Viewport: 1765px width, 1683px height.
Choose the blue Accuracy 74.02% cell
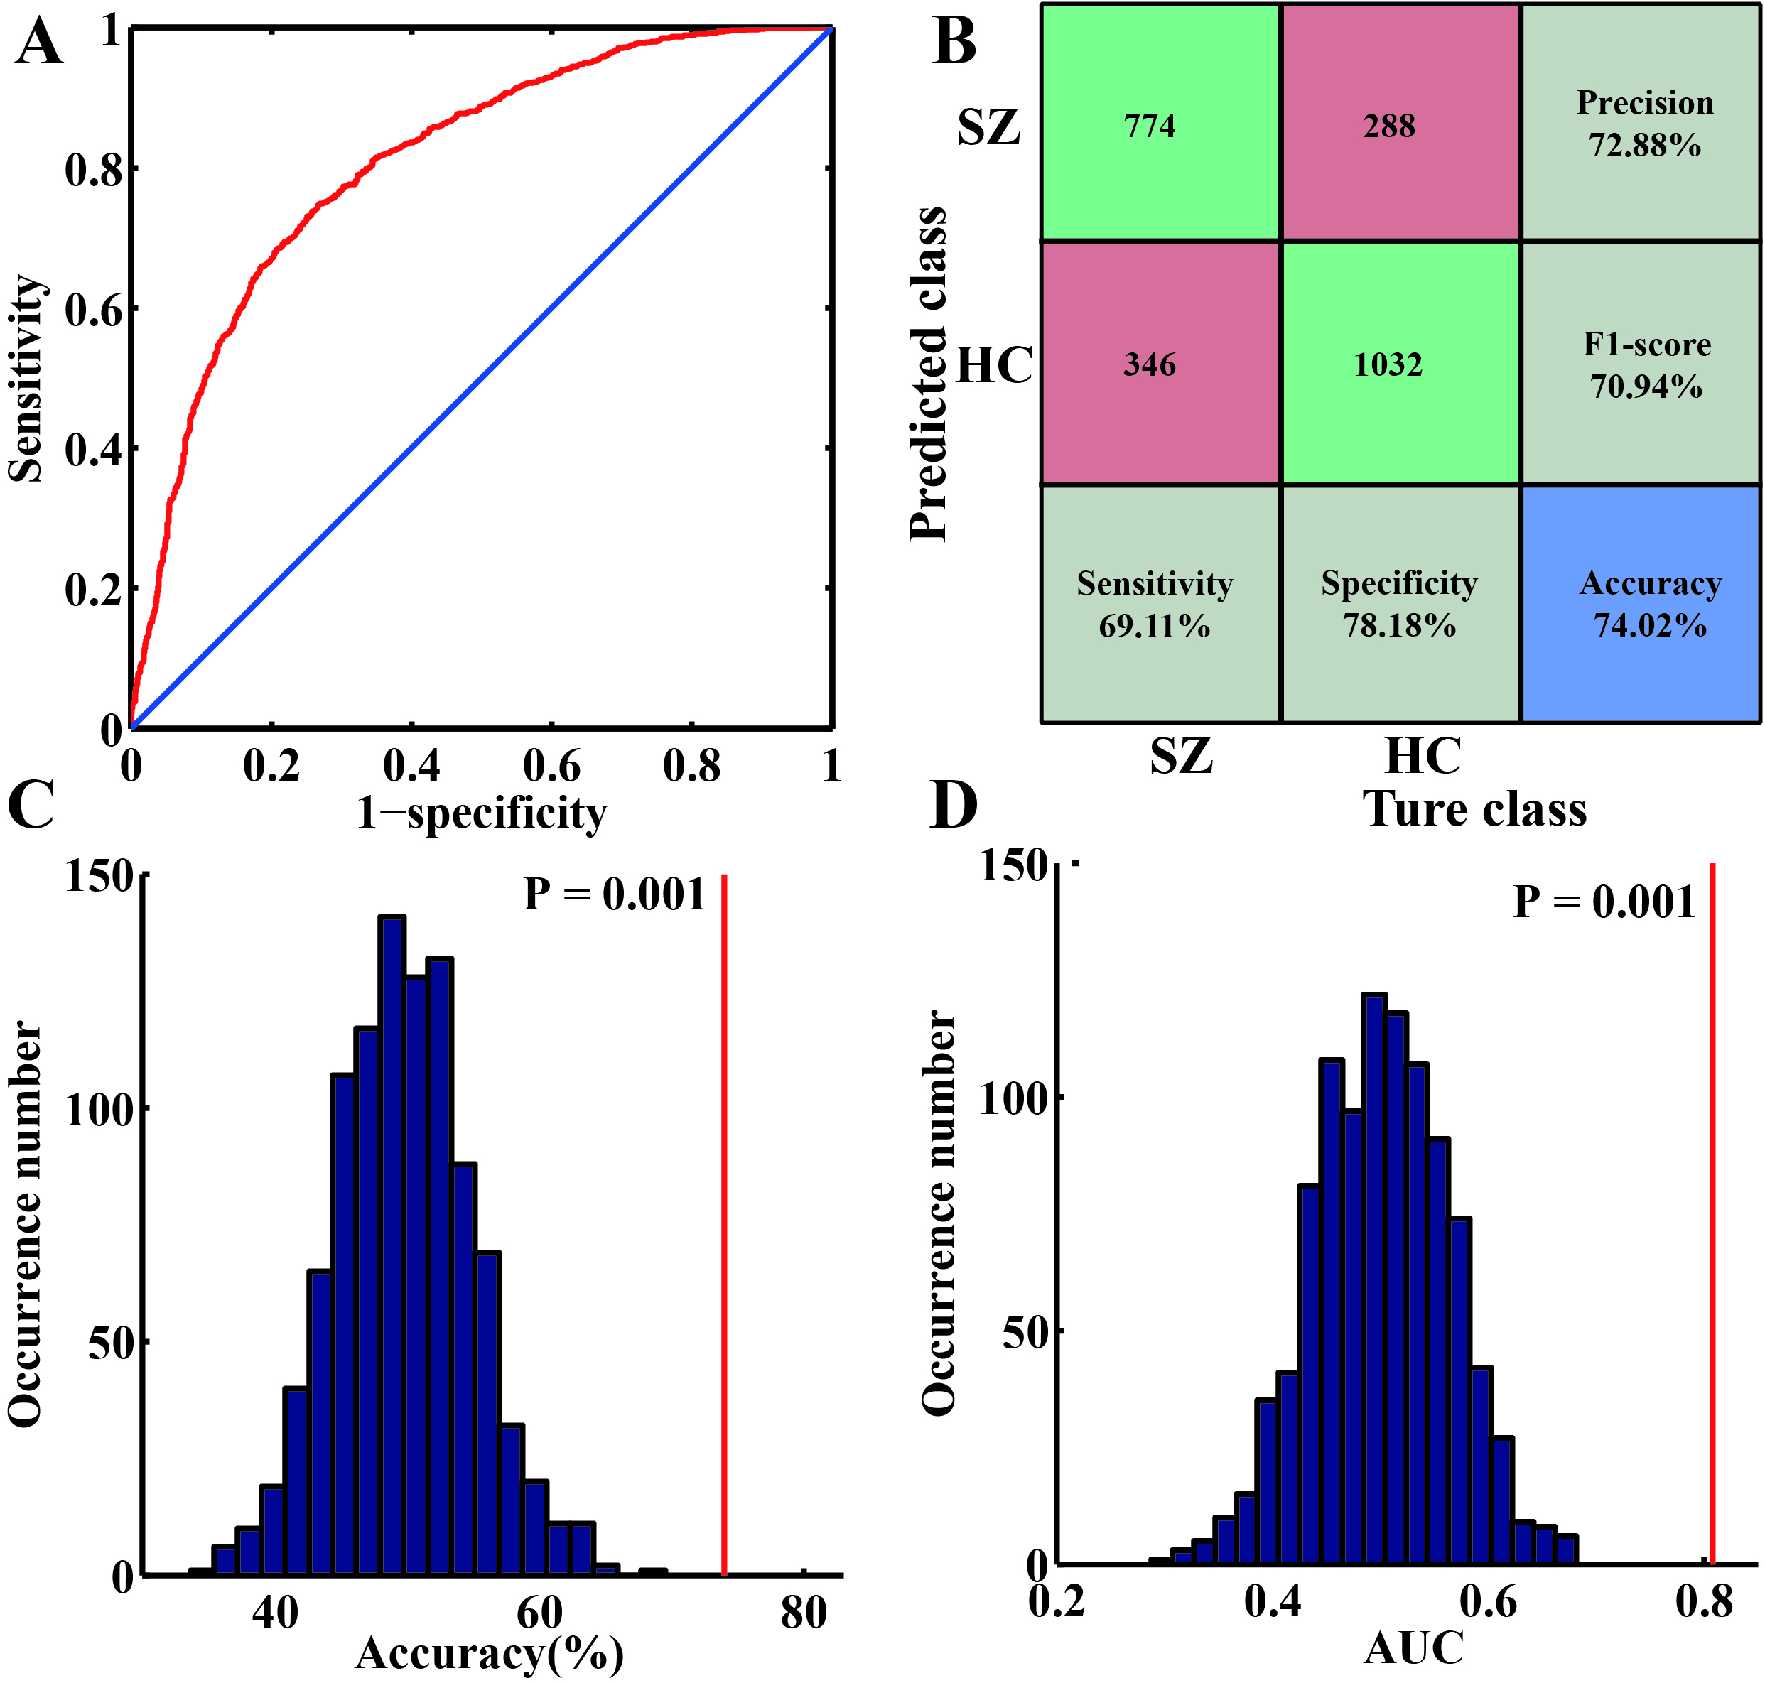click(x=1639, y=604)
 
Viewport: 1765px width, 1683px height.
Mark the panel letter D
click(x=953, y=806)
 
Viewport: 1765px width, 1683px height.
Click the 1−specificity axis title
click(x=482, y=813)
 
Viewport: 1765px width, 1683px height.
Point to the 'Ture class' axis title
click(x=1474, y=808)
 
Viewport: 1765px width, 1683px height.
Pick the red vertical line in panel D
click(x=1712, y=1211)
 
